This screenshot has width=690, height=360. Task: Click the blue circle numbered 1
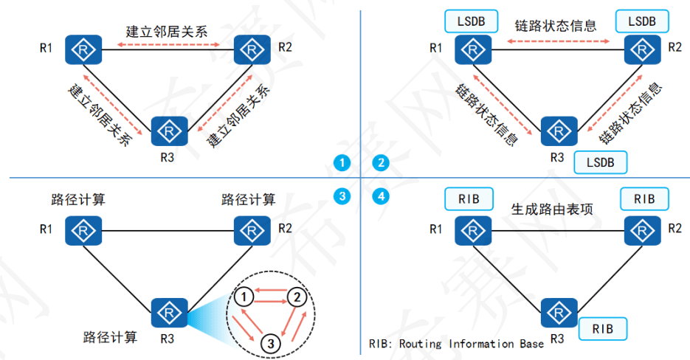pos(340,162)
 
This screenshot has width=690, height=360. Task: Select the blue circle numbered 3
pos(340,196)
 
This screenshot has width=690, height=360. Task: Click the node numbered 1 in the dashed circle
pos(246,297)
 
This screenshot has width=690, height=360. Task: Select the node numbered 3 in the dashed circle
pos(271,342)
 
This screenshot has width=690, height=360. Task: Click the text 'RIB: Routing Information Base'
pos(456,344)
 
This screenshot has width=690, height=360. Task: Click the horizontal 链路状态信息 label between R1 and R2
pos(555,25)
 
